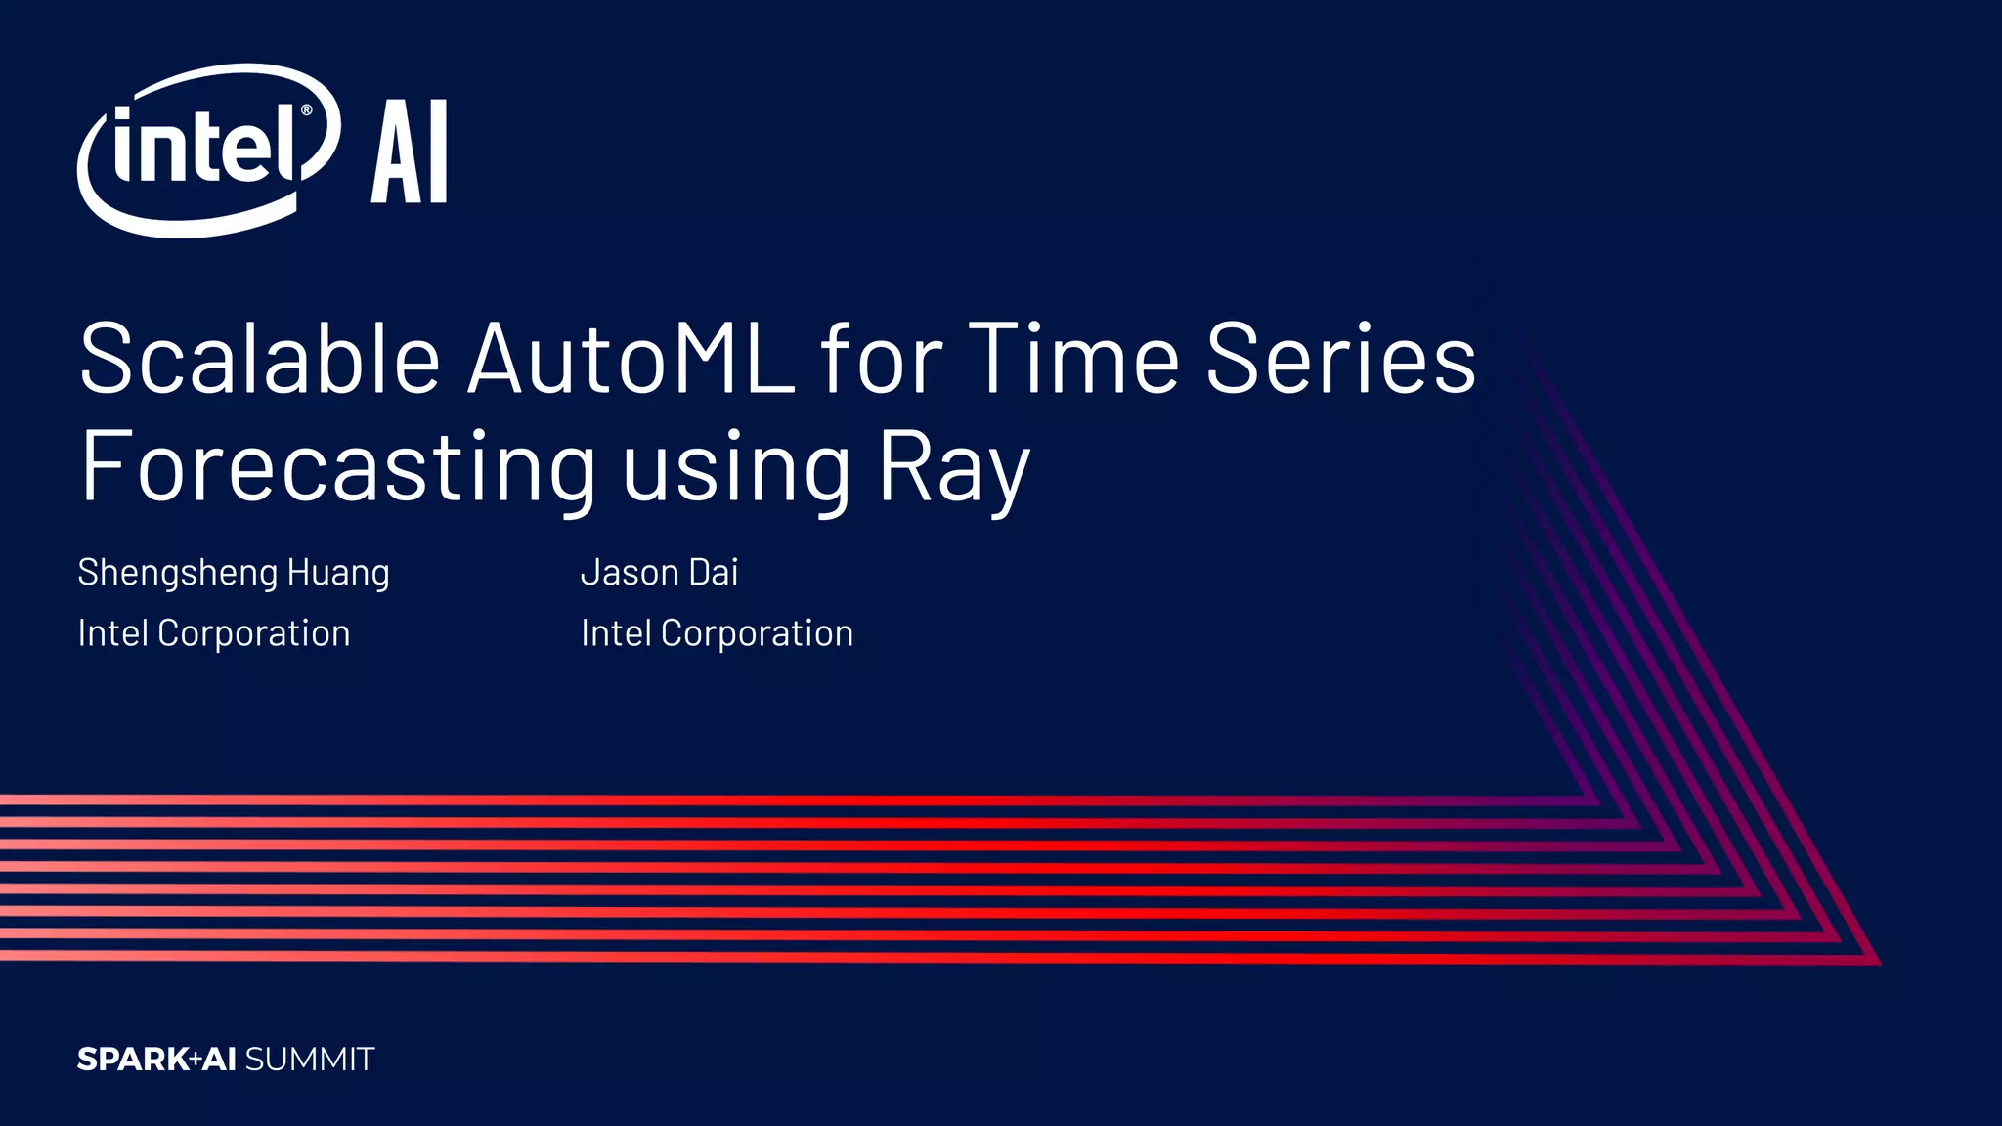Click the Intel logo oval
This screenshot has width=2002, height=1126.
pos(207,151)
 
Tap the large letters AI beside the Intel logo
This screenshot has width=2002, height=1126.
pos(410,152)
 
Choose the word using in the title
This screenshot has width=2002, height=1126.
pos(736,469)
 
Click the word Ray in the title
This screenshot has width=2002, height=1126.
pos(954,469)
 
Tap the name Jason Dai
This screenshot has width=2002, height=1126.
pos(660,573)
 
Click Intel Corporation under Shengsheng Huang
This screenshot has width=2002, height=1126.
pos(214,633)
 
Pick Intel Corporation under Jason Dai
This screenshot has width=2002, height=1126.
pos(717,633)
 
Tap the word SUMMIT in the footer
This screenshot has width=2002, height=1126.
pos(310,1060)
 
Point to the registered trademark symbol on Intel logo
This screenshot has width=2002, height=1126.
pos(306,110)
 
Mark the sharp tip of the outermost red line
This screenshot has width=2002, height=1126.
pos(1878,963)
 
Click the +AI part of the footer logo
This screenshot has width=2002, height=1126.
pos(213,1060)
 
